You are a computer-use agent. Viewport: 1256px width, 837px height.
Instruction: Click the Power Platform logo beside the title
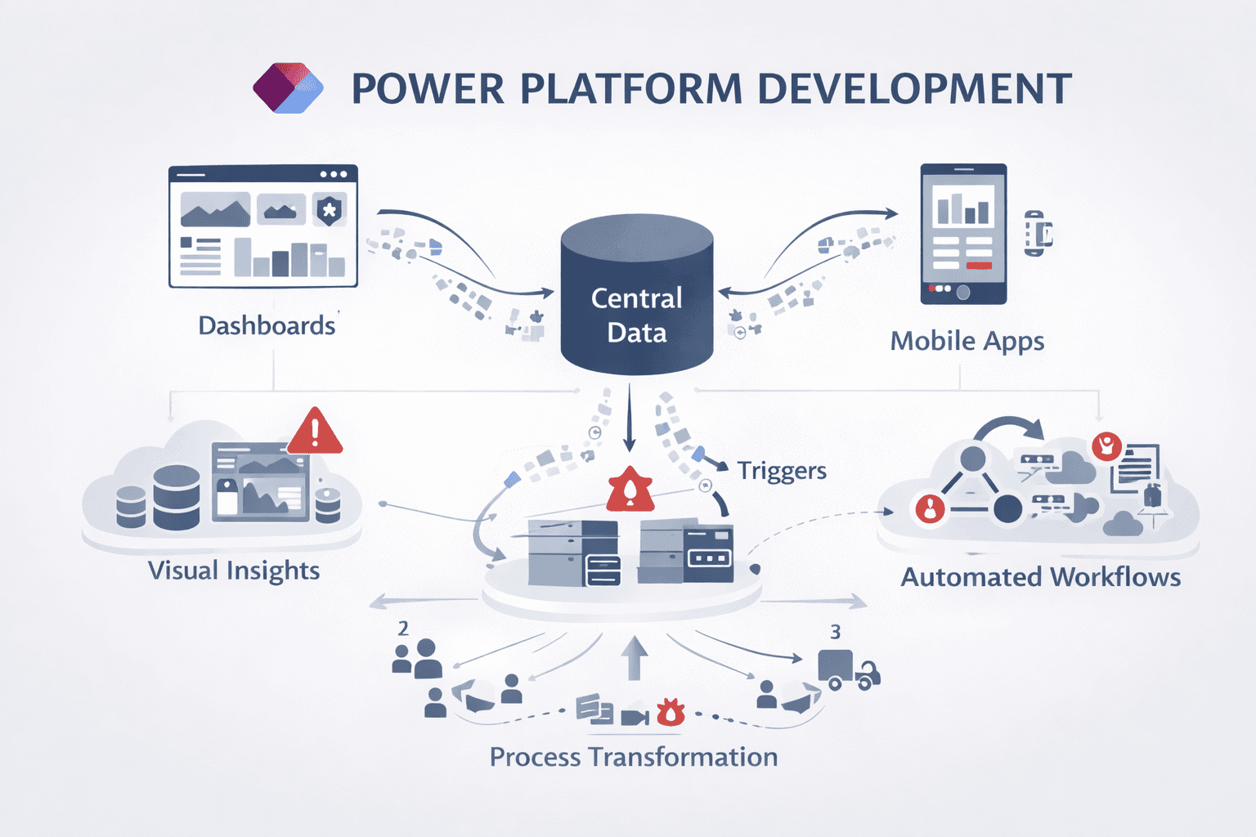coord(288,87)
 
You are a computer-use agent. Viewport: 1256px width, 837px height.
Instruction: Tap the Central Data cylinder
coord(637,294)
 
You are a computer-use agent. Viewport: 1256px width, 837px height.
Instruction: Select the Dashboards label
coord(267,325)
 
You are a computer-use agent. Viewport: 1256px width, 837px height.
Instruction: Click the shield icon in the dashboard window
coord(329,210)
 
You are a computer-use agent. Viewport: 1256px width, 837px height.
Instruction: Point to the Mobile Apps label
coord(967,341)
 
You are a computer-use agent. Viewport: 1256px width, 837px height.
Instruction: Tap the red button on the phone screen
coord(979,266)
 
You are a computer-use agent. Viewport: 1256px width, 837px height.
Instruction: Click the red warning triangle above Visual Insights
coord(315,431)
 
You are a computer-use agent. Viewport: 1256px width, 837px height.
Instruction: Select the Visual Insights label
coord(234,570)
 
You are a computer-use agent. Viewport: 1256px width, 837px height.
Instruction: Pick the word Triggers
coord(782,471)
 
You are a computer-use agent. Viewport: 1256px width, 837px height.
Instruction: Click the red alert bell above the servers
coord(630,489)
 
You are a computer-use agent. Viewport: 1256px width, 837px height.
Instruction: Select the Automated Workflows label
coord(1040,577)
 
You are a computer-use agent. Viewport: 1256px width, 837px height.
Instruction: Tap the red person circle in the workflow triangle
coord(930,509)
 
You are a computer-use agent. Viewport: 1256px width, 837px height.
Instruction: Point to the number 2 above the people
coord(403,628)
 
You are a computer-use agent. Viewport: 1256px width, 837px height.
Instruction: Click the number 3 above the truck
coord(835,632)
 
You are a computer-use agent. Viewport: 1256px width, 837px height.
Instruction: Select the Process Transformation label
coord(633,757)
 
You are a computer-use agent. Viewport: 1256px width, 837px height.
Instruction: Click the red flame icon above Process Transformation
coord(671,712)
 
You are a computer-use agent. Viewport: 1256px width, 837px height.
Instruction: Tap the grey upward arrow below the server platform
coord(634,658)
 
